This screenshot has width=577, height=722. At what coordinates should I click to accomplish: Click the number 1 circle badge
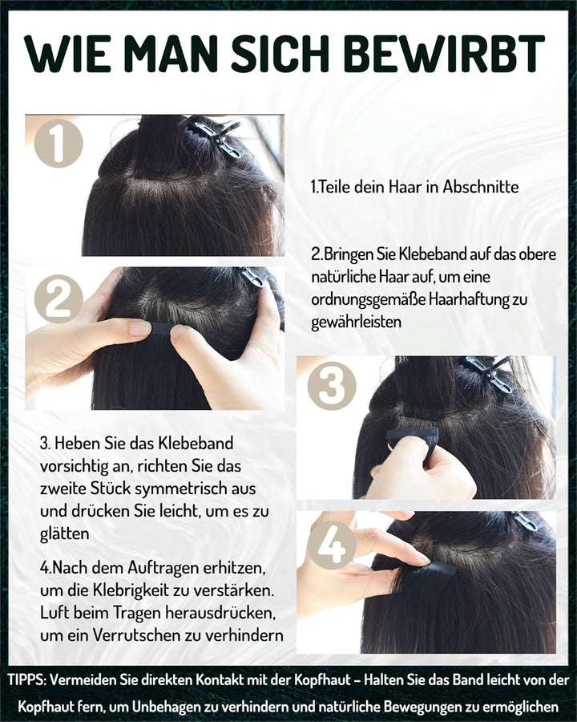click(58, 142)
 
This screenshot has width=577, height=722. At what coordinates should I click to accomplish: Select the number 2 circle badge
click(58, 299)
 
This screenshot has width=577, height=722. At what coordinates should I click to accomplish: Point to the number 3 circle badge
click(331, 386)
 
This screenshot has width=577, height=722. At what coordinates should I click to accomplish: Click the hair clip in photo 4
click(525, 521)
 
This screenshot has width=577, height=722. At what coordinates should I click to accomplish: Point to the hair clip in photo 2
click(252, 278)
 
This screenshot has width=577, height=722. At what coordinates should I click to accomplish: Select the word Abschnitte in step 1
click(479, 187)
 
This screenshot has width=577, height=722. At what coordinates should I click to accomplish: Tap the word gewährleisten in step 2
click(357, 322)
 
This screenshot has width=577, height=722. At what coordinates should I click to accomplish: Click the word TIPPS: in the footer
click(27, 679)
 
